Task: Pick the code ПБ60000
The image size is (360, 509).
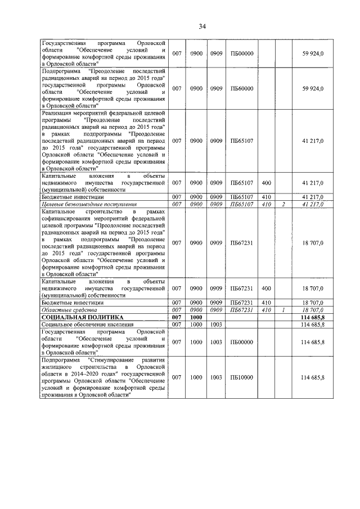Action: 242,89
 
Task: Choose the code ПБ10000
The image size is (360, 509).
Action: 242,377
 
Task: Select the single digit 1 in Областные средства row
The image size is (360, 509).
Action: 283,310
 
